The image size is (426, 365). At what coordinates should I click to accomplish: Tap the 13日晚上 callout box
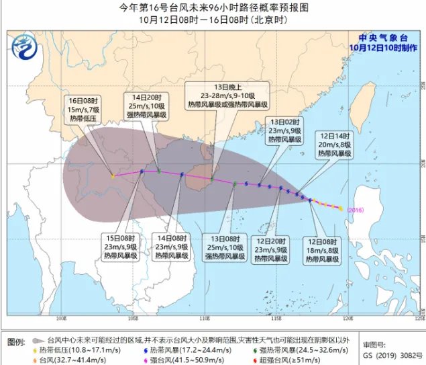pos(235,97)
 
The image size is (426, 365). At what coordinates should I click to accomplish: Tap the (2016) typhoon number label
pos(356,210)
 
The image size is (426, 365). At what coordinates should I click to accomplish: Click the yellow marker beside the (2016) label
pos(341,208)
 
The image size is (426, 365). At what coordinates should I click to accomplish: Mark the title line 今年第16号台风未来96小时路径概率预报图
pos(213,7)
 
